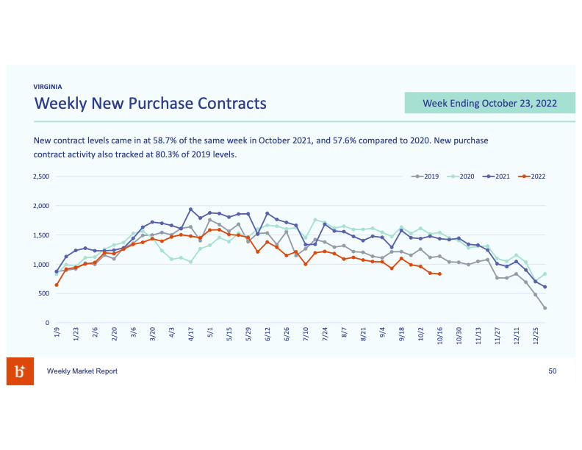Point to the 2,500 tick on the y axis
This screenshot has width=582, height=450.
pos(40,176)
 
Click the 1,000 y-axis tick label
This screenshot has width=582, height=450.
pos(40,265)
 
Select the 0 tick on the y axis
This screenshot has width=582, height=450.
pos(46,323)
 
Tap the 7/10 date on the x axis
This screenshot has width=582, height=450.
pos(305,335)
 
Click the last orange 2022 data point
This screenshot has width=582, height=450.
pos(439,274)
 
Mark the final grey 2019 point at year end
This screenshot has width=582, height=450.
pos(545,308)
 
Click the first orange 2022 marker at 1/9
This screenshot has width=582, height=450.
pos(57,285)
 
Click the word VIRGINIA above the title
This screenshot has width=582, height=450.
pos(48,86)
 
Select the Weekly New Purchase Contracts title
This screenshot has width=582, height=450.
pos(150,103)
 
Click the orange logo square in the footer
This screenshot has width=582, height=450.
pos(20,372)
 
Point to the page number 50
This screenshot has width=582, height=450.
pos(553,371)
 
